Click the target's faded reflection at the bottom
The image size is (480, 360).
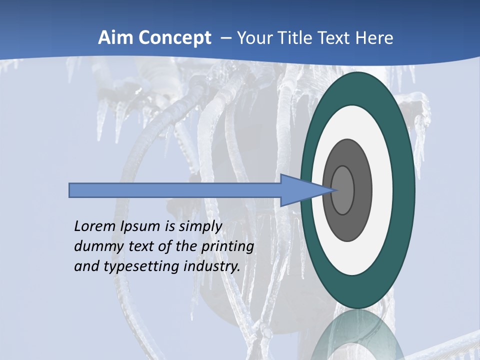point(357,337)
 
